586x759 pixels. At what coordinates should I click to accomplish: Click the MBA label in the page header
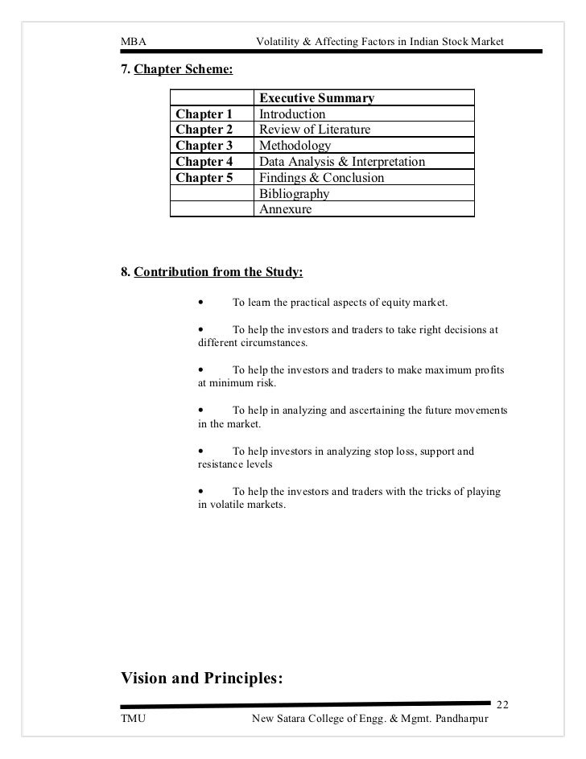click(132, 41)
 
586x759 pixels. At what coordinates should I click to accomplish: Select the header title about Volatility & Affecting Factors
click(378, 41)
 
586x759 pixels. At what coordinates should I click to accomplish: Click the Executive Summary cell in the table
click(316, 98)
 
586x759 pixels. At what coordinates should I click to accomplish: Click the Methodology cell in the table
click(295, 146)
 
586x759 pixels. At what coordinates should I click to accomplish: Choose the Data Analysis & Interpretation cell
click(341, 162)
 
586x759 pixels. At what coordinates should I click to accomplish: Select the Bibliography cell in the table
click(294, 194)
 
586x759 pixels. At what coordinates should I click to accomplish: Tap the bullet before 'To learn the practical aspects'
click(200, 303)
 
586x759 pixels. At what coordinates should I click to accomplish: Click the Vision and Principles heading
click(201, 679)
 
